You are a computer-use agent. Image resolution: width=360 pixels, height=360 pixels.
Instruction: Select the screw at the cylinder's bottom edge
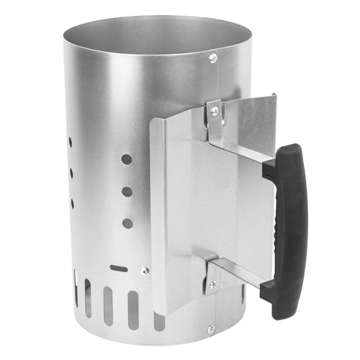(x=210, y=329)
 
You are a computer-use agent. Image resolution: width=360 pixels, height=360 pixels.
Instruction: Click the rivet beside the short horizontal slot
(x=145, y=271)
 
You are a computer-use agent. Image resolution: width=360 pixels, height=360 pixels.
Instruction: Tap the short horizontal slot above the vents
(x=120, y=268)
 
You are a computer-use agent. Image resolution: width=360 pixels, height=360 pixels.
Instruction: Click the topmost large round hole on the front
(x=126, y=158)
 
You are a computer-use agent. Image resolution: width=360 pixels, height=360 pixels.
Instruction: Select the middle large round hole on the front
(x=127, y=192)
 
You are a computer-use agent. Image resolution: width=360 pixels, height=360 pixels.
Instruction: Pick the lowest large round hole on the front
(x=127, y=223)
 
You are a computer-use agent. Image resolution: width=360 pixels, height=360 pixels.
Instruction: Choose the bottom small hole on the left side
(x=71, y=203)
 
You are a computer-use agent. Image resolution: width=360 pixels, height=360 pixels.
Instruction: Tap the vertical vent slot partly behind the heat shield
(x=156, y=317)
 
